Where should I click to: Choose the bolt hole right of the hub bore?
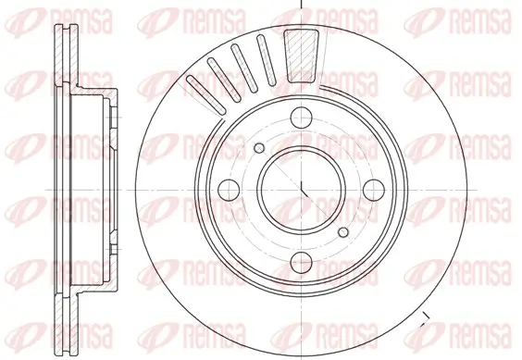coord(372,188)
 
